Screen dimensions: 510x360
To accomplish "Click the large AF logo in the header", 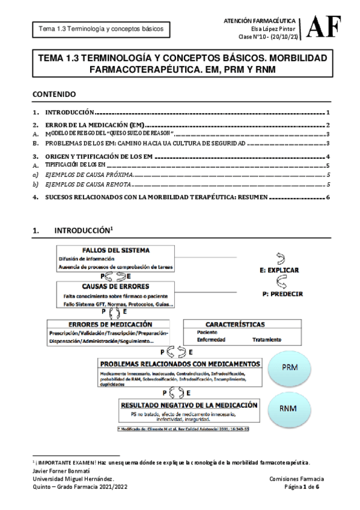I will [x=324, y=27].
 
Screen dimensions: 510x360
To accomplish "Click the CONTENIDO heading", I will [x=53, y=94].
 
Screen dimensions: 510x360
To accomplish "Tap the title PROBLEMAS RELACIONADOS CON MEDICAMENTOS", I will [x=180, y=364].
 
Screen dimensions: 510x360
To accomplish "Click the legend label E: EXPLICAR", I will [x=279, y=271].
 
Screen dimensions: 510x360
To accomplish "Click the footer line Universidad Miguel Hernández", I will [x=70, y=478].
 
